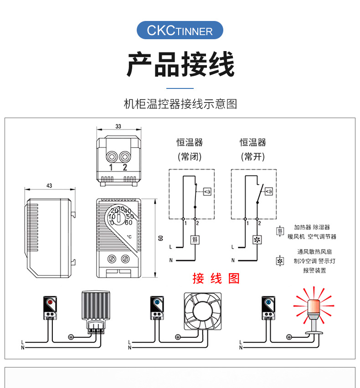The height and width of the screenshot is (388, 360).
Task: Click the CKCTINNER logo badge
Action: (180, 31)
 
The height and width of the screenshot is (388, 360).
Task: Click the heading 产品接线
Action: (180, 65)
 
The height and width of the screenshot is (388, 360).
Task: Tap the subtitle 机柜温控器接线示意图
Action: (180, 104)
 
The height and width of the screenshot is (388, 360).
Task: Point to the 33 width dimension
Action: (118, 126)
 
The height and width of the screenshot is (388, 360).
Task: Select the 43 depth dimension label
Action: (49, 186)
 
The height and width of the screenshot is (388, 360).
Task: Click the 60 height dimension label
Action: (160, 238)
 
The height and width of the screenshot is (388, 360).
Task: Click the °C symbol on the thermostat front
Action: (129, 237)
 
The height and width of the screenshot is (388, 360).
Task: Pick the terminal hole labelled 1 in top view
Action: (111, 157)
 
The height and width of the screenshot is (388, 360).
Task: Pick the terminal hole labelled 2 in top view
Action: (124, 157)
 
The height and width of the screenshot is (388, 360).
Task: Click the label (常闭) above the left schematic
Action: (189, 157)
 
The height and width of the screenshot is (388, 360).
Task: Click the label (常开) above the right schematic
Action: (252, 157)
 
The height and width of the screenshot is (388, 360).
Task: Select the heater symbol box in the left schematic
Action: (195, 240)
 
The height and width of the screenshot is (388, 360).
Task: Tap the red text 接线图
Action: (216, 278)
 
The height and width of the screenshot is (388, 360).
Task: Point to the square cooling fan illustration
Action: (202, 311)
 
